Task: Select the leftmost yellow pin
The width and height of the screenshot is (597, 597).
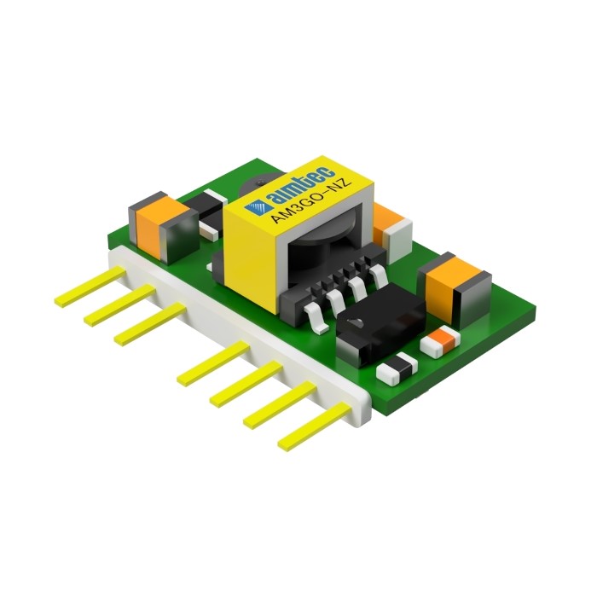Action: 90,287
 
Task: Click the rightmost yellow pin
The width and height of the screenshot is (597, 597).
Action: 315,426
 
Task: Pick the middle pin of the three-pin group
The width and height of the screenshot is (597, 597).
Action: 120,305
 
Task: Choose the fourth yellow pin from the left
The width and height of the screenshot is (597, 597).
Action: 213,364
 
